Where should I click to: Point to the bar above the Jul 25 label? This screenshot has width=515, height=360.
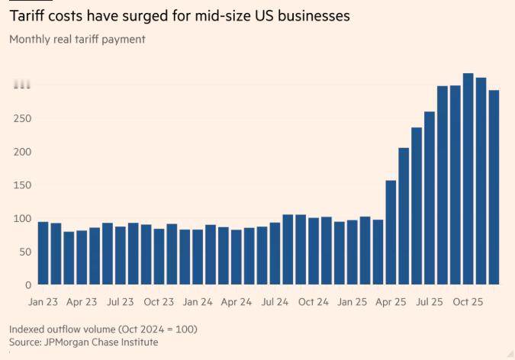pos(430,198)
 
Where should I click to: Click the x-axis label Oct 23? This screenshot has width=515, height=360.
pos(159,302)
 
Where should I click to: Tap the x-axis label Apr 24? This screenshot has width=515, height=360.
pos(236,302)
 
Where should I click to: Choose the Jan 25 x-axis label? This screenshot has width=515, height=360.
pos(352,302)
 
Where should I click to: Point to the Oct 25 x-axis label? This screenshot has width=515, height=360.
pos(468,302)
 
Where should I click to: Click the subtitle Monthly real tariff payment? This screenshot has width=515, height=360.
pos(77,39)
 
